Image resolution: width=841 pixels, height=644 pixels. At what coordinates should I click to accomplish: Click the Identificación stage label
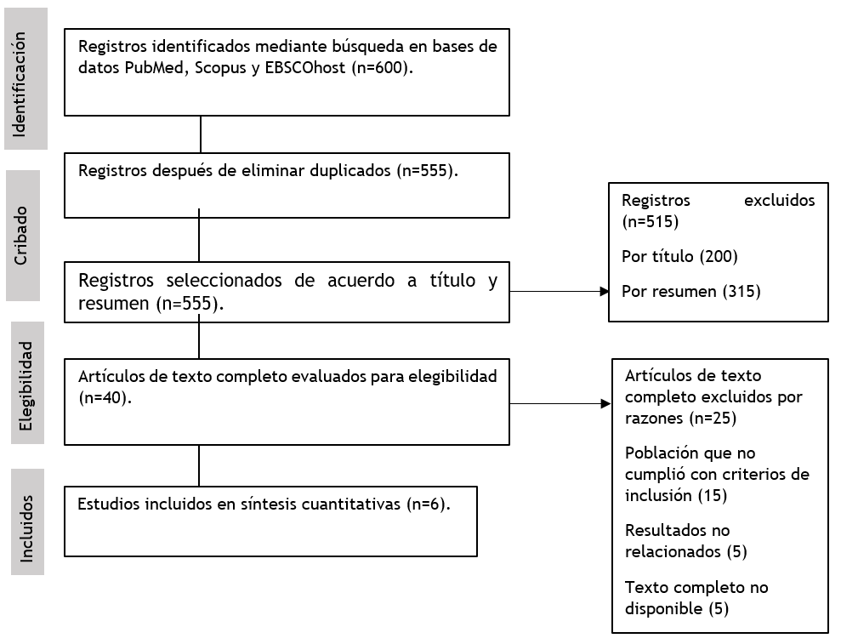20,84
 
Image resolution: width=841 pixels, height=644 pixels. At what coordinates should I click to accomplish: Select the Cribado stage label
20,236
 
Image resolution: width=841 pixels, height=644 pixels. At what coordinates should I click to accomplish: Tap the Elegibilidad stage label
26,386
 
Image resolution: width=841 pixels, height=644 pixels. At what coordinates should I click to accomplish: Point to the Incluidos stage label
26,528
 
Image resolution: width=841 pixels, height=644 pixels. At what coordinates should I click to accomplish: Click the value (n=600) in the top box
382,68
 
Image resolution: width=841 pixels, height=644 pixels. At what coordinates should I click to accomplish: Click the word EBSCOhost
305,68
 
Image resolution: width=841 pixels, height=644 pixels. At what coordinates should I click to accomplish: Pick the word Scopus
220,69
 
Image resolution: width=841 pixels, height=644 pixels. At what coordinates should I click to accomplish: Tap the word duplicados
350,171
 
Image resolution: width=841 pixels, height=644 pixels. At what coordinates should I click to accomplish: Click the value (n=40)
105,398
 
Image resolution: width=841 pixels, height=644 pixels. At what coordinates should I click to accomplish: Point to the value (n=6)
428,504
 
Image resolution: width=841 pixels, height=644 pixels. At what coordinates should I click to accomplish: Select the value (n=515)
650,221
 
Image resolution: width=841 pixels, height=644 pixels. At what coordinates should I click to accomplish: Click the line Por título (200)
679,256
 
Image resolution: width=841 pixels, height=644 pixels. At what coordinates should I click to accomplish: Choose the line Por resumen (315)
690,292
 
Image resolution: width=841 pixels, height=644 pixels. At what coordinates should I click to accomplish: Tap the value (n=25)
713,418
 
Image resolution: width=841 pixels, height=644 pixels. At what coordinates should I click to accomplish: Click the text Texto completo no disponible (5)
696,598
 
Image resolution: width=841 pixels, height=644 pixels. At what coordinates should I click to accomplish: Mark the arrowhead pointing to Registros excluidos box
605,292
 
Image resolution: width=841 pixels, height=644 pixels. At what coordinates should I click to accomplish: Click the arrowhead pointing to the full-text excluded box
606,403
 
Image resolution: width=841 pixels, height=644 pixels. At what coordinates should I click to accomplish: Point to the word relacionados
673,551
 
